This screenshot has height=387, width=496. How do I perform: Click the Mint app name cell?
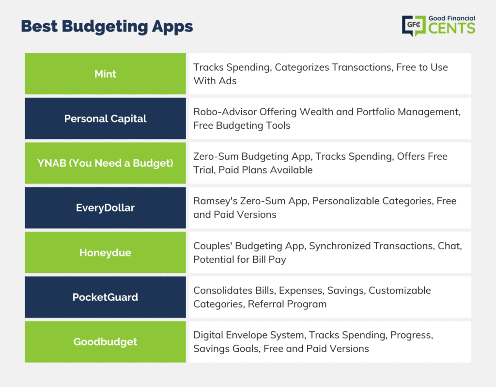coord(105,74)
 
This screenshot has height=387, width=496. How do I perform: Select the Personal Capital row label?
coord(105,119)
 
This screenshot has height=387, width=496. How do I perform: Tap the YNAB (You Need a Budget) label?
coord(105,163)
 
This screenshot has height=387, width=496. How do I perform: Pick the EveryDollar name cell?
coord(105,208)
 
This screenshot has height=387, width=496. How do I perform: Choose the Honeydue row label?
coord(105,253)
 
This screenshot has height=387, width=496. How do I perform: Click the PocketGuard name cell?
coord(105,297)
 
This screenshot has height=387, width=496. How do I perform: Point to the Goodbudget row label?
coord(105,342)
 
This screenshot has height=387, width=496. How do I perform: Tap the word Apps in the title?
coord(172,27)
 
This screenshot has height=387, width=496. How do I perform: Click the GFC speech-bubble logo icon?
coord(414,26)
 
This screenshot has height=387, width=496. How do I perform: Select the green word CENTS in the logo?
coord(452,28)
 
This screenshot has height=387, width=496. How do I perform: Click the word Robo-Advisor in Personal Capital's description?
coord(225,112)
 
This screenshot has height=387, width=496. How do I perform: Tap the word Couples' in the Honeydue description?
coord(213,246)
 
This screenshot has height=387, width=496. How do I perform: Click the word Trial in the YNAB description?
coord(203,170)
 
